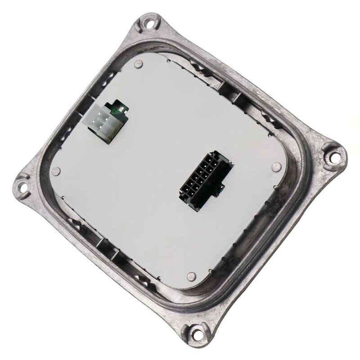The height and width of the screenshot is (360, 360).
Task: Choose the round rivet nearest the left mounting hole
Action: click(56, 171)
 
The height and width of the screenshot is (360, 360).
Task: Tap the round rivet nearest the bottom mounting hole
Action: click(191, 276)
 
